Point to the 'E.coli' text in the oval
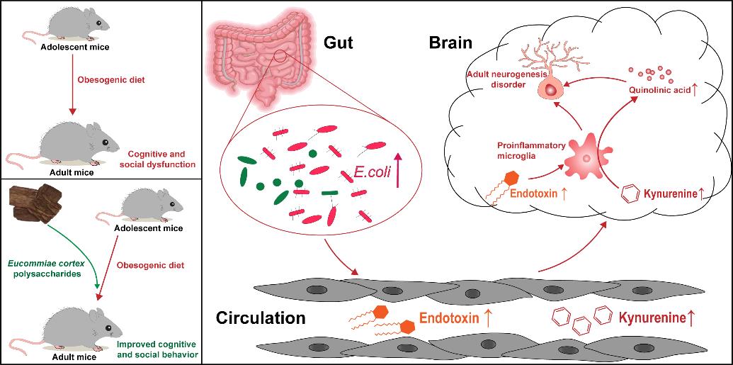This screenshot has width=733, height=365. pos(371,173)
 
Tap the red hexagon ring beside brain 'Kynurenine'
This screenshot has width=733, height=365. pos(627,193)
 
